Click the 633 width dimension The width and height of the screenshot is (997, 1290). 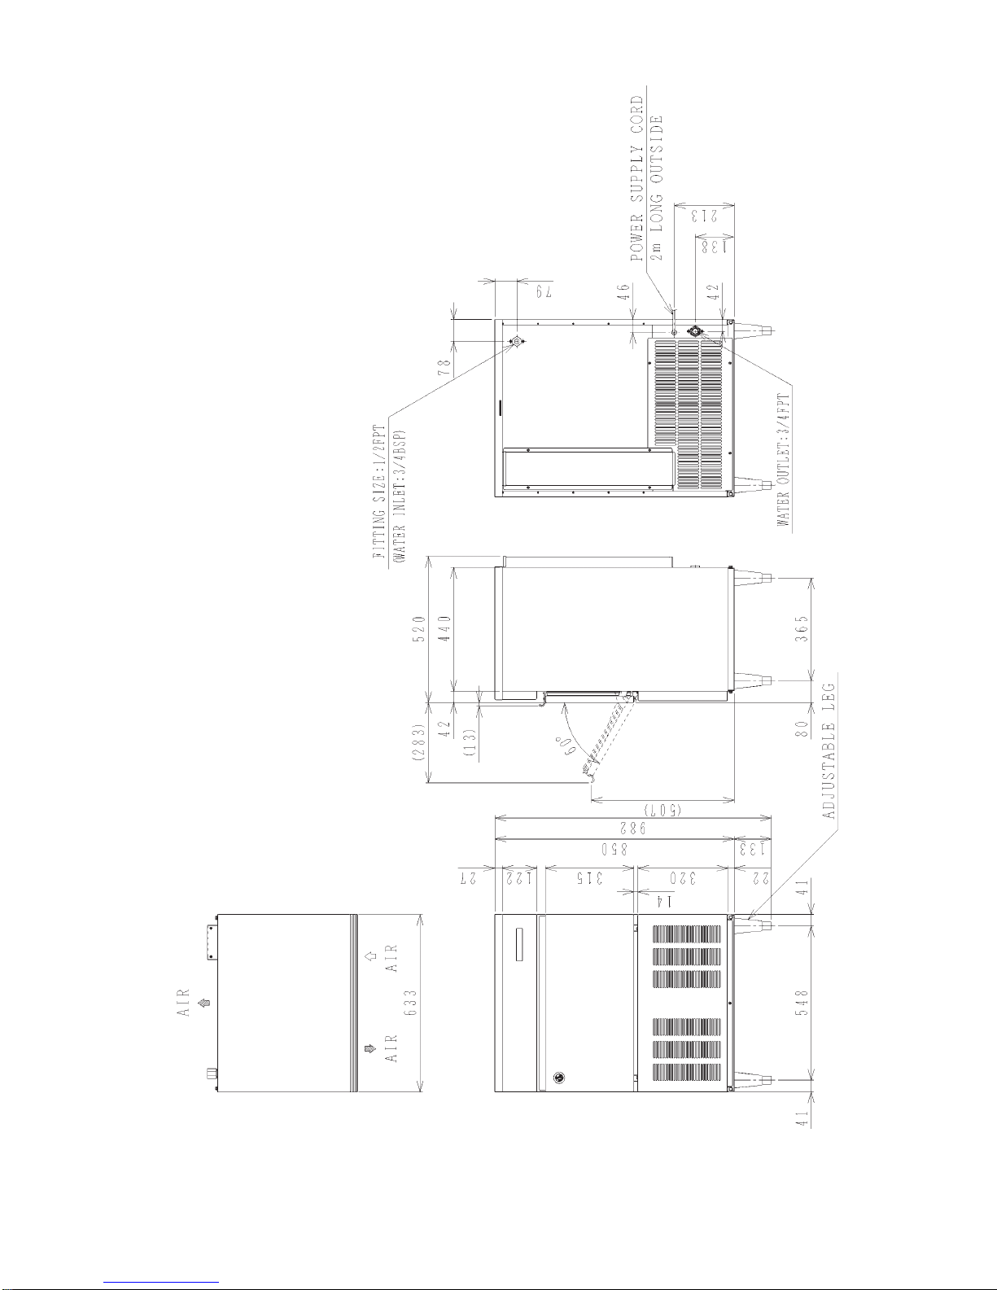(x=411, y=1003)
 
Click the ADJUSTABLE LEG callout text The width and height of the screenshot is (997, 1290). (x=829, y=751)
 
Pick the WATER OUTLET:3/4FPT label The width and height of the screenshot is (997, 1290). (x=783, y=460)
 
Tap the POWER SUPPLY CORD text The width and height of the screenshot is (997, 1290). (x=636, y=179)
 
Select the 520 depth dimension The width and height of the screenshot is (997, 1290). (x=420, y=629)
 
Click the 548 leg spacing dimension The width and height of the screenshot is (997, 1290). (x=802, y=1003)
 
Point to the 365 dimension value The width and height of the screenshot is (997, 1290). (x=802, y=628)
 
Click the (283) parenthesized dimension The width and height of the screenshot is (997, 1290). (x=420, y=742)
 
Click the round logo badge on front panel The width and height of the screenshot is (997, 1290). (x=559, y=1078)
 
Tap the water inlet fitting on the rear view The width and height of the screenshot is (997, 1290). (x=517, y=341)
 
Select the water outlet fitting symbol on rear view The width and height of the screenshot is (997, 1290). (x=695, y=331)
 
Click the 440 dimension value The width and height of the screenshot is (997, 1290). (x=446, y=629)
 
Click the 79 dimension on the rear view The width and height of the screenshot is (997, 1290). (x=544, y=291)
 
